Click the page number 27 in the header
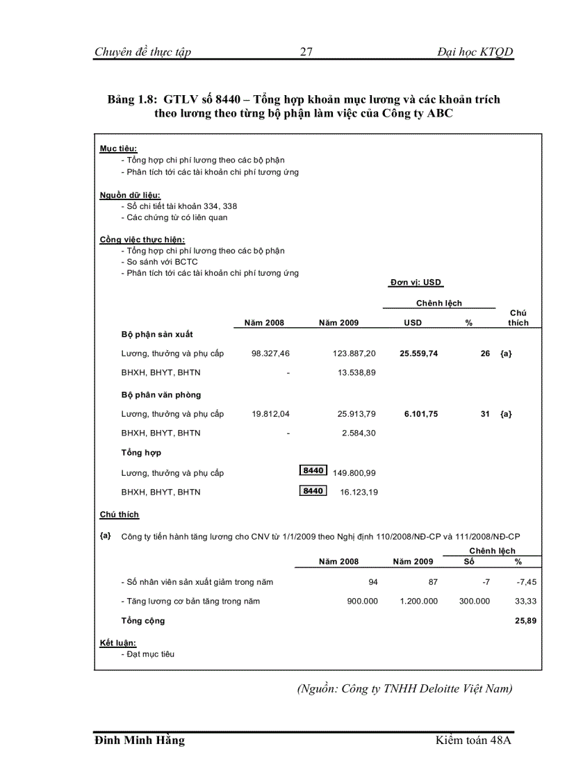click(x=306, y=52)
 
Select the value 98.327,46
click(x=270, y=354)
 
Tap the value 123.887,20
click(x=354, y=354)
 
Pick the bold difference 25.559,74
click(x=418, y=354)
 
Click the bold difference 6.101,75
click(x=421, y=414)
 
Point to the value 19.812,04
click(x=270, y=414)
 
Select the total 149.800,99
click(x=354, y=473)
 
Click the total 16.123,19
click(x=357, y=492)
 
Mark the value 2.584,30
click(x=359, y=433)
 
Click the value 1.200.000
click(x=418, y=601)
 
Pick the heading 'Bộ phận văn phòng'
click(x=161, y=395)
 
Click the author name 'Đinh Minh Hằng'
click(x=140, y=740)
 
